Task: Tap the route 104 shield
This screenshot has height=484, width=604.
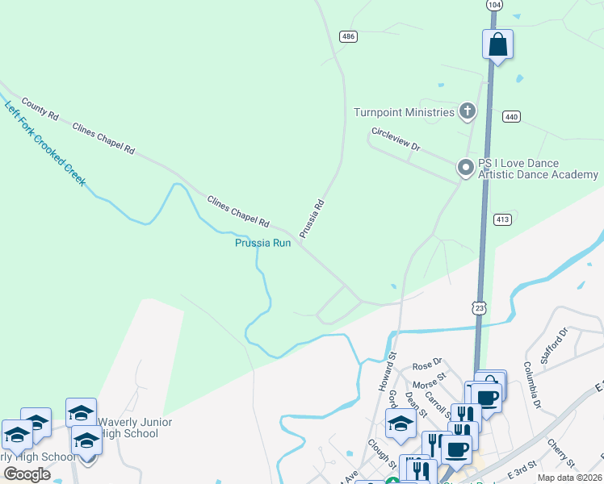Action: point(493,5)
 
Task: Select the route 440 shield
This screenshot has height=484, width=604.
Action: point(510,116)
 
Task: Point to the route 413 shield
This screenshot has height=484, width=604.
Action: point(501,219)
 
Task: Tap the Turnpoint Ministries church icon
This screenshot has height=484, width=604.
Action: point(467,112)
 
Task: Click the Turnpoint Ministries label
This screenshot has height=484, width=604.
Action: point(404,112)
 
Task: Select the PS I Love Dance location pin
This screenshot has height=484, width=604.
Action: point(465,168)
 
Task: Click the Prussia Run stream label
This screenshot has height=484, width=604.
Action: point(262,243)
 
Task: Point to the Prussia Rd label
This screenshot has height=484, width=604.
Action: point(312,219)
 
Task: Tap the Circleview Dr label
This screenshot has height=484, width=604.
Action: point(396,140)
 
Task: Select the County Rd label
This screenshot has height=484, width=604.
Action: point(40,109)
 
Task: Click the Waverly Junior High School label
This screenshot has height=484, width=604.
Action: point(139,428)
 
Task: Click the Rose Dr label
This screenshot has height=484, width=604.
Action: point(428,364)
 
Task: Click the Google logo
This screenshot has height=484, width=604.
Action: point(27,474)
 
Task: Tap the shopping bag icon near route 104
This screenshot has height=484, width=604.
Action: point(498,44)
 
